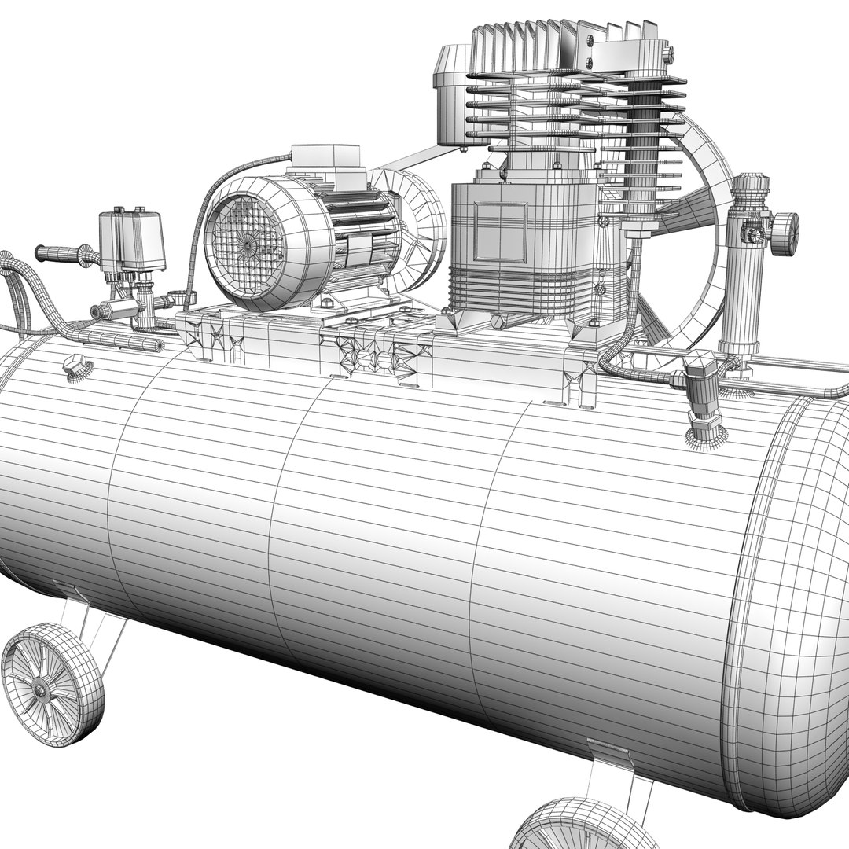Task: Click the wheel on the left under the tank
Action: click(52, 683)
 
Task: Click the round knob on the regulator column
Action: click(784, 233)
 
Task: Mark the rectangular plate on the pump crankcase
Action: click(499, 231)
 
